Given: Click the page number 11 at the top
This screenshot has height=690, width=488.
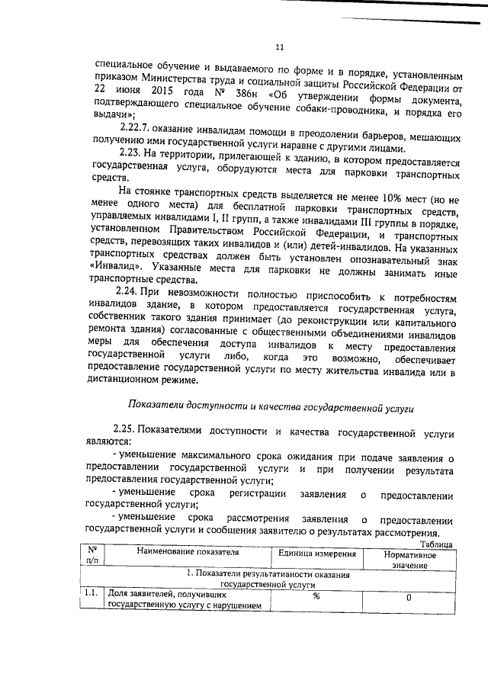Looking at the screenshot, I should [x=279, y=47].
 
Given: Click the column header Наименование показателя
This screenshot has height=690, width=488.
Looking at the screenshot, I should [x=188, y=552].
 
